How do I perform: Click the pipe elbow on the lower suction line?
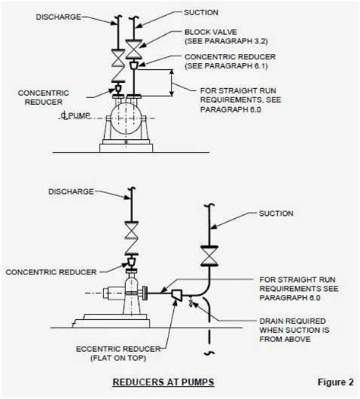click(199, 293)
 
